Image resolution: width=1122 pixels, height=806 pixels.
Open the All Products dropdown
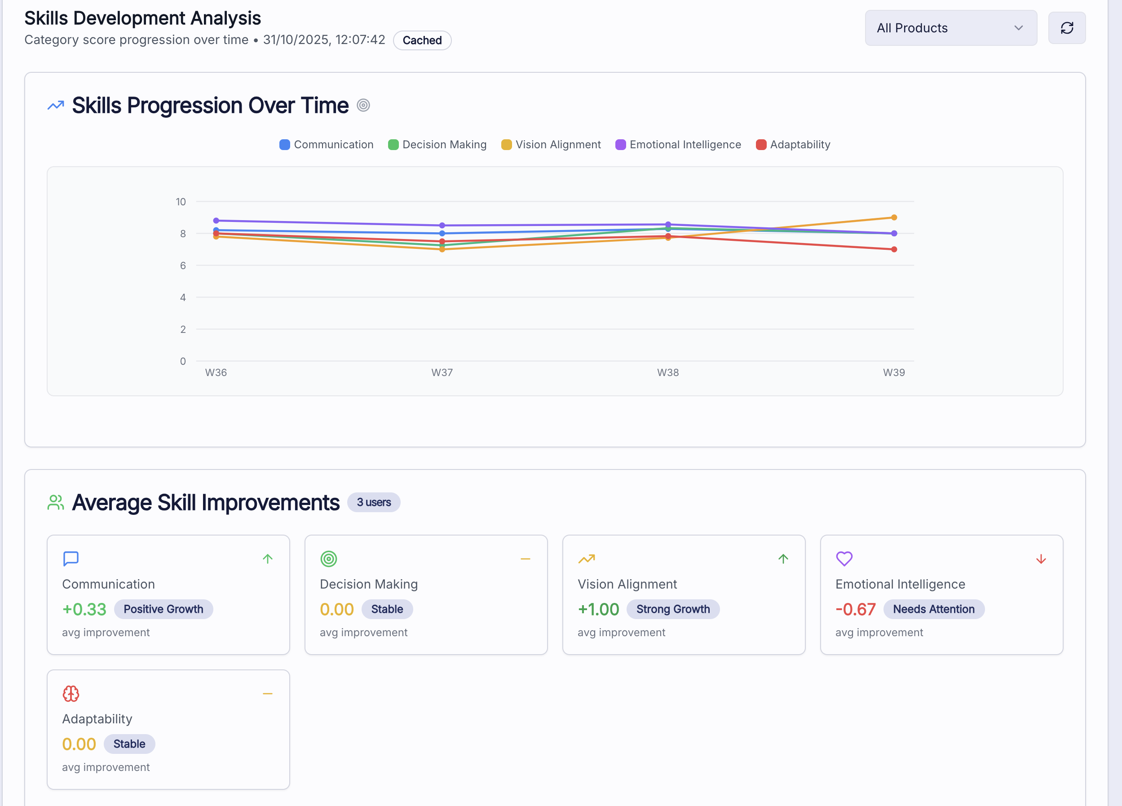[x=950, y=28]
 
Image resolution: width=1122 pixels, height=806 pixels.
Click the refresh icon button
[x=1067, y=28]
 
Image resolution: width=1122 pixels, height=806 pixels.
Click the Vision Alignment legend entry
[x=551, y=145]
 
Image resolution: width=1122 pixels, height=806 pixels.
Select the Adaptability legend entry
[x=793, y=145]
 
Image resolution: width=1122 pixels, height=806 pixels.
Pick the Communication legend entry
[x=327, y=145]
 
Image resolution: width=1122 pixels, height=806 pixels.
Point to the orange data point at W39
[x=894, y=217]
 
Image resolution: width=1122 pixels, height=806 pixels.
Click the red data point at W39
[x=894, y=249]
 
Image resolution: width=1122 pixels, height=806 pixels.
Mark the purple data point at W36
[x=216, y=221]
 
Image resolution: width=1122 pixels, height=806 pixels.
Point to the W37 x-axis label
[x=442, y=372]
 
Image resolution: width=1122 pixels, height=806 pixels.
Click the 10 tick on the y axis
[x=181, y=202]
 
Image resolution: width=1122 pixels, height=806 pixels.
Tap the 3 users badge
[x=374, y=502]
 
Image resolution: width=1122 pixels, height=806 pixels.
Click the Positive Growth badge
[x=163, y=609]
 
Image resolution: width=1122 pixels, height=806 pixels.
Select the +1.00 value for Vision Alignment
[x=598, y=609]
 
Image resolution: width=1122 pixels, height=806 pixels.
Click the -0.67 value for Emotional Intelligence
[x=855, y=609]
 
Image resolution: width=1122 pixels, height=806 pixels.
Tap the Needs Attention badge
[x=933, y=609]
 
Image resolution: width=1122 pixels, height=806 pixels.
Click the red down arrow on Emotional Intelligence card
[x=1041, y=559]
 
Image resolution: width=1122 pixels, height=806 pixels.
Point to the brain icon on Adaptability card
[x=71, y=694]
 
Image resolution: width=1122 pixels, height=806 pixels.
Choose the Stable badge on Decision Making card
[x=387, y=609]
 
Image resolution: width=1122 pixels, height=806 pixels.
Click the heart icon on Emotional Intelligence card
[x=844, y=558]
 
